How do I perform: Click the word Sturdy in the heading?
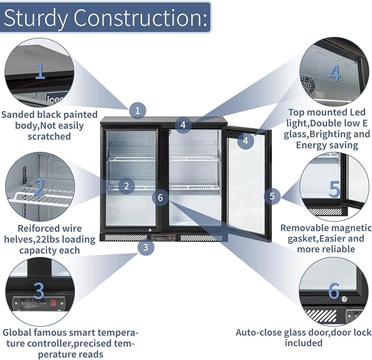click(36, 18)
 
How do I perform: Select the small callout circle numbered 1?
click(138, 110)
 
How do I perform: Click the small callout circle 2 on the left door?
click(126, 186)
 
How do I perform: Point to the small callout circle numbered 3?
click(146, 247)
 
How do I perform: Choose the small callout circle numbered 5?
click(272, 196)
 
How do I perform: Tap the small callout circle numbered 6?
click(161, 197)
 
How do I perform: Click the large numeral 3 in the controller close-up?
click(39, 291)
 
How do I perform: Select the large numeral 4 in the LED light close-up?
click(335, 73)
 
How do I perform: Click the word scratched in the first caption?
click(49, 136)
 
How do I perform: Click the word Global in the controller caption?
click(16, 332)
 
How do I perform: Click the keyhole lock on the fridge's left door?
click(150, 230)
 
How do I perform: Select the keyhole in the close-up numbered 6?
click(344, 300)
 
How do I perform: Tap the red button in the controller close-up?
click(53, 302)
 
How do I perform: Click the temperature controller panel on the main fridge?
click(163, 238)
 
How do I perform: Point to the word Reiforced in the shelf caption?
click(33, 228)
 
